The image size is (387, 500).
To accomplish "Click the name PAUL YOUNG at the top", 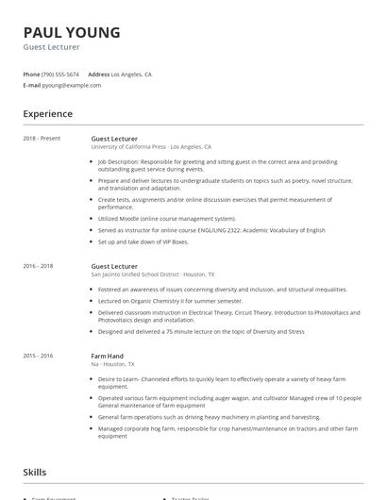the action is pos(72,33).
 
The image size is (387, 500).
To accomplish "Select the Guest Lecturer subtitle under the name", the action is pos(52,47).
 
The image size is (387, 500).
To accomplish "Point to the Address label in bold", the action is pos(98,74).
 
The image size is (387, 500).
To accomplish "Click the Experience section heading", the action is pos(48,114).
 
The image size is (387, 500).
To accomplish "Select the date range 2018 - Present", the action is pos(42,138).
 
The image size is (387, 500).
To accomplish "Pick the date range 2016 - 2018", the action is pos(39,266).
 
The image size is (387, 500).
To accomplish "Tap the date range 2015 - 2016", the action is pos(39,355).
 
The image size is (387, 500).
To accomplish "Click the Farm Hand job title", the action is pos(108,355).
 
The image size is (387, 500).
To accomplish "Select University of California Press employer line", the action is pos(151,147).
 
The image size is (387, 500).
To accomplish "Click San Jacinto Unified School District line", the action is pos(152,275).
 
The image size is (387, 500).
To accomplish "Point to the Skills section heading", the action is pos(35,472).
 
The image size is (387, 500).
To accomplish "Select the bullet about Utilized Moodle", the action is pos(167,218).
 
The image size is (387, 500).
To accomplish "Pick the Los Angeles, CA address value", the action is pos(131,74).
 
